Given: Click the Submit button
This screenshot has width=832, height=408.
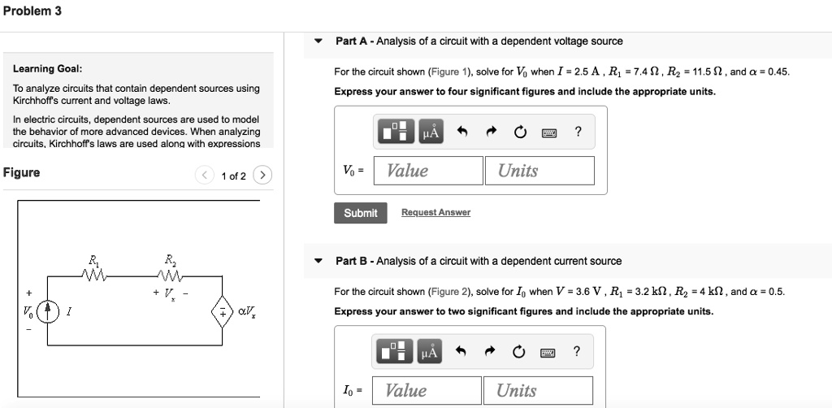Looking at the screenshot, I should click(x=360, y=213).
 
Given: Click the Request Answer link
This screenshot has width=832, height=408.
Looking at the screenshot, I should click(x=435, y=213).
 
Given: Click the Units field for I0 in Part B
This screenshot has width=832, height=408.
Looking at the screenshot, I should click(x=538, y=391).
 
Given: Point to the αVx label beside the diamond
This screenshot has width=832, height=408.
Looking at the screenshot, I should click(x=246, y=310).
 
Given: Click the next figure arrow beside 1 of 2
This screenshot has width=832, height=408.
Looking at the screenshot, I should click(x=262, y=176).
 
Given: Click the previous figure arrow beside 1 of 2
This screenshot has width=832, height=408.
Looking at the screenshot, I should click(x=206, y=176).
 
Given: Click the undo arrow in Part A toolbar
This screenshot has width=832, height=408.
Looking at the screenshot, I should click(x=462, y=132).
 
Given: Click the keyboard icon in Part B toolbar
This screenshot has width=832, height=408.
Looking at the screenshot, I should click(x=548, y=353).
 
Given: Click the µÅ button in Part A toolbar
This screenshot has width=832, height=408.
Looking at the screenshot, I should click(x=431, y=132).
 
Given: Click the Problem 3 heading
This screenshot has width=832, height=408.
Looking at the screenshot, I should click(x=32, y=11).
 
